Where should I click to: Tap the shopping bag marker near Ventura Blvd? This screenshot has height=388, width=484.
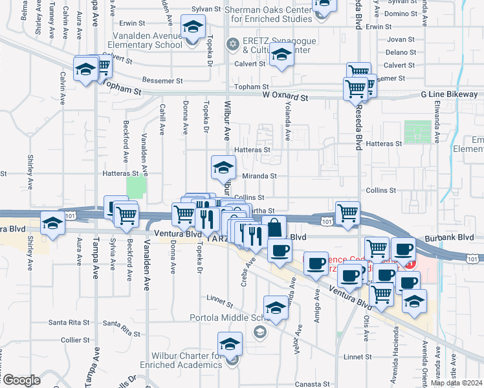274,227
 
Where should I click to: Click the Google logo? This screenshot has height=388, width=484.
21,380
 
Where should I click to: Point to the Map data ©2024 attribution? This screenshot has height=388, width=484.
456,383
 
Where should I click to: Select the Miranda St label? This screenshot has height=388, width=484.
259,176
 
